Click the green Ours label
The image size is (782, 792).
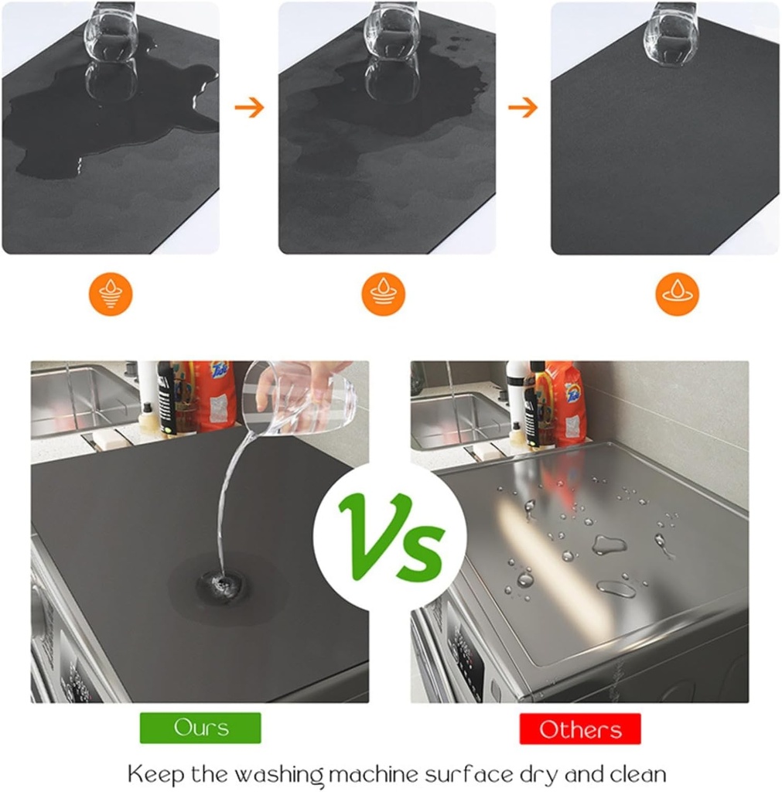tap(200, 728)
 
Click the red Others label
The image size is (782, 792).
tap(580, 729)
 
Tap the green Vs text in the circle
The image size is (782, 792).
tap(391, 534)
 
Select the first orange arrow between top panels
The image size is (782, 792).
tap(249, 107)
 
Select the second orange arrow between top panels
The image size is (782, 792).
tap(523, 107)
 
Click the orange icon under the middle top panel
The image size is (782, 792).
tap(384, 294)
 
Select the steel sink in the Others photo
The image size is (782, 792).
tap(456, 418)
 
